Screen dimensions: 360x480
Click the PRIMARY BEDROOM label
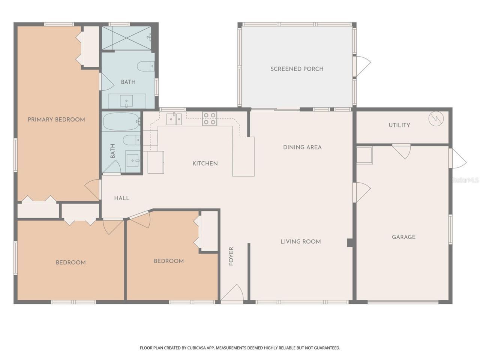click(56, 120)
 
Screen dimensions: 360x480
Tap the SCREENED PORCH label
click(297, 69)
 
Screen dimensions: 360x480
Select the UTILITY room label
click(399, 125)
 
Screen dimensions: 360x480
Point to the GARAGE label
click(403, 237)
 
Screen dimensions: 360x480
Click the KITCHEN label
click(205, 163)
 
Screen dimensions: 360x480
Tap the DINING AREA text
click(302, 147)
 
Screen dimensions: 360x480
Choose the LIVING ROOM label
click(300, 242)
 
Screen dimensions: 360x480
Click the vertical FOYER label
click(231, 256)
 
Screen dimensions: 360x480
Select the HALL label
click(121, 198)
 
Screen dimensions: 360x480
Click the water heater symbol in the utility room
click(436, 119)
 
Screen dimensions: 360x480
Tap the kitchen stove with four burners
click(209, 118)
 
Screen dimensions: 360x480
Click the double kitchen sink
click(174, 119)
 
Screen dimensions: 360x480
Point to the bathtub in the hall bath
click(121, 121)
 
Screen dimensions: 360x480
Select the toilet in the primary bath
click(145, 66)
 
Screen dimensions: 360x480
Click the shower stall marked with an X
click(126, 38)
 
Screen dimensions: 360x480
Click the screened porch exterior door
click(362, 66)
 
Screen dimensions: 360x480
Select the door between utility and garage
click(402, 150)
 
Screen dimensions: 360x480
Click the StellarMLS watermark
click(465, 180)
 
